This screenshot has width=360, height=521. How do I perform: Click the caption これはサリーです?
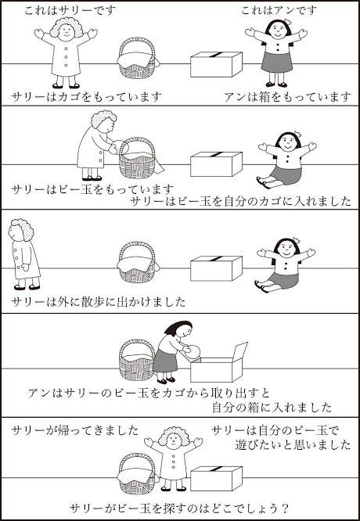coord(70,10)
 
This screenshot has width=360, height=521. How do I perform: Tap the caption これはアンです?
coord(279,10)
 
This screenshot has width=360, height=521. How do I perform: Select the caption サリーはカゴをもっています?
coord(86,97)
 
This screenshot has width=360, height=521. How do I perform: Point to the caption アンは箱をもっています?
coord(287,97)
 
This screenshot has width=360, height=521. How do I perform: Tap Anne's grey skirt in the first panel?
coord(277,62)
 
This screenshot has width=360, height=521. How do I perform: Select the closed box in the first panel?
coord(216,64)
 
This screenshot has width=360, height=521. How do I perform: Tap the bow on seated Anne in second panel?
coord(297,134)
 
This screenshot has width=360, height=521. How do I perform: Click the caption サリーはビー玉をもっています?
coord(92,190)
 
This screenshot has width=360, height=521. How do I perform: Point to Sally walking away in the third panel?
coord(24,254)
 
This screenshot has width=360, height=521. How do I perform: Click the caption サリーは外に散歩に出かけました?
coord(99,302)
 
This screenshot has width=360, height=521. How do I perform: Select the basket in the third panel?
coord(137,263)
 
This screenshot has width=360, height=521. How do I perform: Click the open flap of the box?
coord(240,351)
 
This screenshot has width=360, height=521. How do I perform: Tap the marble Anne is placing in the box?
coord(193,351)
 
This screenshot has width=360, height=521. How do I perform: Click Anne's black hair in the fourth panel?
coord(178,327)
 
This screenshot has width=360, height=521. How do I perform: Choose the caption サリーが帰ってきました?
coord(74,430)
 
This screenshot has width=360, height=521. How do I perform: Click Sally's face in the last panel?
coord(174,440)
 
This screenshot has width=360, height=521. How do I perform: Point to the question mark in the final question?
coord(284,508)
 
